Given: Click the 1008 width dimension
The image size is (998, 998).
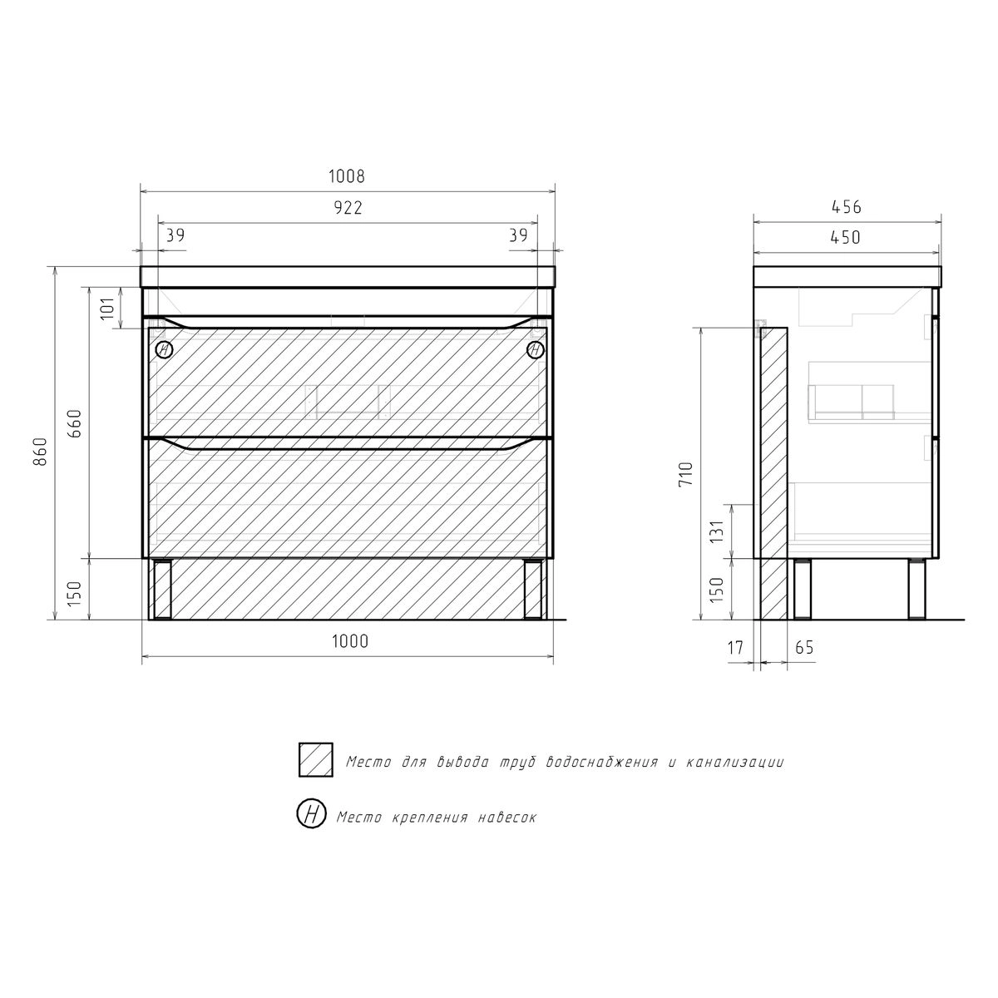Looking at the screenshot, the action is [x=347, y=176].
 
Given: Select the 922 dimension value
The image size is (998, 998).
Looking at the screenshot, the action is [x=348, y=208].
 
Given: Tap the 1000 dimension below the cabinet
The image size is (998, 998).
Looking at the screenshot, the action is [x=350, y=641].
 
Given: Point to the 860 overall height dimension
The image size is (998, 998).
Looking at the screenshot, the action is [x=41, y=451].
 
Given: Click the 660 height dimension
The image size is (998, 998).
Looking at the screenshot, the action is [x=75, y=423].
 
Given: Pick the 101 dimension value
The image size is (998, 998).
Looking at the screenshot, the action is [x=106, y=309].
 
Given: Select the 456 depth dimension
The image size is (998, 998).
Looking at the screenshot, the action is [x=847, y=207].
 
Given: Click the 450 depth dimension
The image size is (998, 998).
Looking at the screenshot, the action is [x=845, y=237].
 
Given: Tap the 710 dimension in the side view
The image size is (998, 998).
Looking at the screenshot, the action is [x=685, y=473].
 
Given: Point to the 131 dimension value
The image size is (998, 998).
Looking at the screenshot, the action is [x=716, y=532].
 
